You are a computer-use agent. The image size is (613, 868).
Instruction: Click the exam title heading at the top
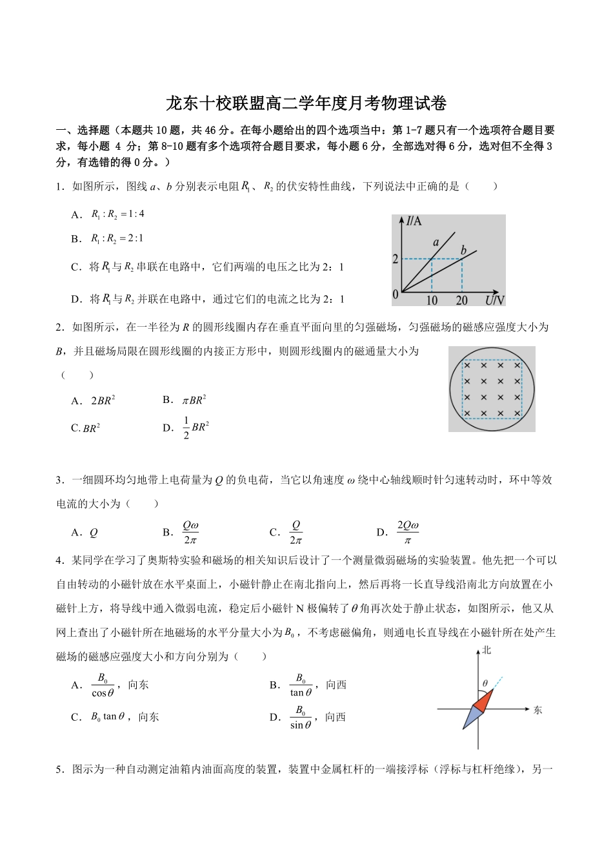click(306, 103)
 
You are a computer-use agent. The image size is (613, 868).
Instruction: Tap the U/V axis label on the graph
click(494, 300)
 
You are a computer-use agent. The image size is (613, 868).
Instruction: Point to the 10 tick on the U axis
click(431, 300)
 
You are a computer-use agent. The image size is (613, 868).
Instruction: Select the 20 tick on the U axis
click(461, 300)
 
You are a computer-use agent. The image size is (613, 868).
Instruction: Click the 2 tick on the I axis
click(396, 260)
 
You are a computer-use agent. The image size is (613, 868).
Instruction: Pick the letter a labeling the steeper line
click(436, 242)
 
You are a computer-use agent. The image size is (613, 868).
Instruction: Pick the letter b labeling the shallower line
click(463, 250)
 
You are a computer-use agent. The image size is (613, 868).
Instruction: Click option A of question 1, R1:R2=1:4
click(117, 214)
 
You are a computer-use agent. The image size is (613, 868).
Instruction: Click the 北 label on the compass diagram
click(486, 650)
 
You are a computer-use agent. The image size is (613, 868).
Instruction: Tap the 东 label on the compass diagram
click(538, 710)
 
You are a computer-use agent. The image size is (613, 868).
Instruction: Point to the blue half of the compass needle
click(472, 716)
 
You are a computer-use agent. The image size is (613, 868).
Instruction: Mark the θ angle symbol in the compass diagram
click(485, 683)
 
